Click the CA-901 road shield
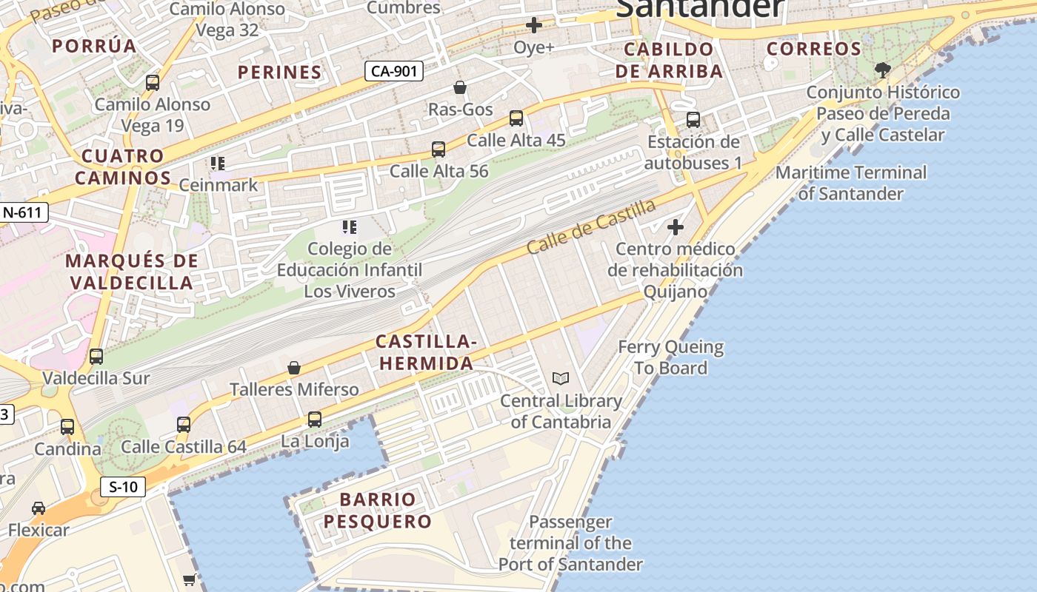click(x=394, y=71)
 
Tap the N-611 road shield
click(x=24, y=212)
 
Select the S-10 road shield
click(x=123, y=487)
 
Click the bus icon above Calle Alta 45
click(x=516, y=118)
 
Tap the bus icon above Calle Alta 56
click(x=439, y=149)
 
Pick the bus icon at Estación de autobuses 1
click(x=693, y=120)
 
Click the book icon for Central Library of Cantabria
click(x=561, y=379)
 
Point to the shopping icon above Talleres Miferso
click(x=294, y=368)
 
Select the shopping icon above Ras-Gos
click(x=460, y=88)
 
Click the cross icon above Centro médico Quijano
click(x=675, y=227)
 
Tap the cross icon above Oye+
click(x=533, y=26)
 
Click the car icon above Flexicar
click(x=39, y=508)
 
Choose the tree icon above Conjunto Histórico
click(x=881, y=70)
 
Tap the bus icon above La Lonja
click(x=315, y=420)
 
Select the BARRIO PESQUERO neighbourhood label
click(x=378, y=510)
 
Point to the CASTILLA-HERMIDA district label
click(x=425, y=352)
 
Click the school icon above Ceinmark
click(x=218, y=163)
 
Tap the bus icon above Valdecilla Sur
click(x=96, y=357)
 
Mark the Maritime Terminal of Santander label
click(x=850, y=183)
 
